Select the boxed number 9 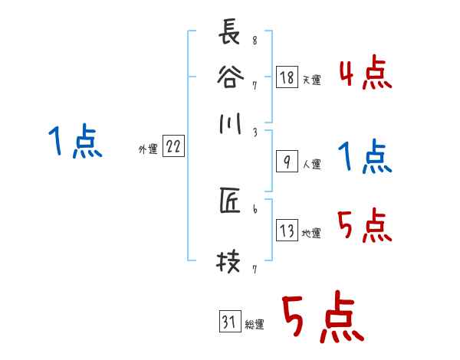click(286, 162)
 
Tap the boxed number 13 click(286, 231)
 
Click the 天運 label click(311, 79)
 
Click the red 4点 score click(364, 74)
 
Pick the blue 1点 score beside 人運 click(364, 157)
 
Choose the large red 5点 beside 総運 click(321, 319)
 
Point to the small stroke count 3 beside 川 click(254, 133)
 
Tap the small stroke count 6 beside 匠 click(254, 208)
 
